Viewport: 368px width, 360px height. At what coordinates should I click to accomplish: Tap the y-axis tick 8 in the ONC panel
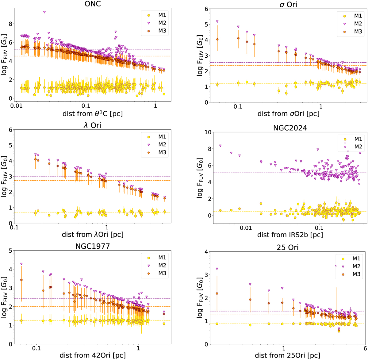click(10, 24)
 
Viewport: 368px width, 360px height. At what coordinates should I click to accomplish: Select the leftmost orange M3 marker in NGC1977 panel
click(21, 280)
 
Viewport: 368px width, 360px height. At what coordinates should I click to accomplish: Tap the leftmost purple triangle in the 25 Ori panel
click(217, 269)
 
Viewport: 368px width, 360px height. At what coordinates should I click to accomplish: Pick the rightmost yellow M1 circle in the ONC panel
click(164, 94)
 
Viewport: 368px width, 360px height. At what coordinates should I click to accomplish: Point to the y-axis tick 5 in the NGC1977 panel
click(10, 251)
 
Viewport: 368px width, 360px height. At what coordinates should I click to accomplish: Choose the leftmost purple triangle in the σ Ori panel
click(217, 21)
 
